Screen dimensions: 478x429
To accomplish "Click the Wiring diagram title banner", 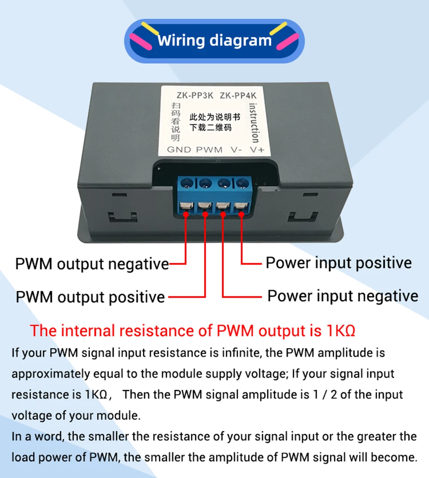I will pos(214,41).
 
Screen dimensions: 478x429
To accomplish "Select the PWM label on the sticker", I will pos(209,150).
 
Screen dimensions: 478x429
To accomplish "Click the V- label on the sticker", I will pos(236,150).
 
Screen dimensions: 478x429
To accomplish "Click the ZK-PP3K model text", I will pos(195,96).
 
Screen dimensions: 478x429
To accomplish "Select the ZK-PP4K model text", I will pos(238,96).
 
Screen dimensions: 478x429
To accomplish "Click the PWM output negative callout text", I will pos(92,264).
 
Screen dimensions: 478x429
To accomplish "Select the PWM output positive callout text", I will pos(90,297).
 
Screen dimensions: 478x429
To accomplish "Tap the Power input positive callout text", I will pos(338,262).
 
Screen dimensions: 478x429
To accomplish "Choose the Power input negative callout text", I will pos(342,296).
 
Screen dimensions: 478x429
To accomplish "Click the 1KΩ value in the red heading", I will pos(341,331).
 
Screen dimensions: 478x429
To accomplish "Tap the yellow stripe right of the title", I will pos(278,28).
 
